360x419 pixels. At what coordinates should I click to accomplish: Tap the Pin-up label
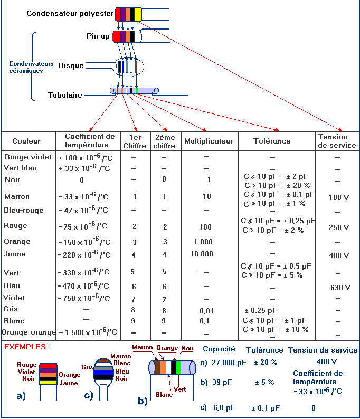(98, 36)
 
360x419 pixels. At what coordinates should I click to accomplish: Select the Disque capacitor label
(71, 65)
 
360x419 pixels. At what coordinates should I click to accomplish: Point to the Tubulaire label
(65, 96)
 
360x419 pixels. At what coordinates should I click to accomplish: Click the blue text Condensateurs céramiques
(31, 67)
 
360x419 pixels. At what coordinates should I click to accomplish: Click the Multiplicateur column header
(209, 141)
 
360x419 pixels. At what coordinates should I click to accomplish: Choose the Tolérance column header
(272, 141)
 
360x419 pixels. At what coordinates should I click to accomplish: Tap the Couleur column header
(26, 141)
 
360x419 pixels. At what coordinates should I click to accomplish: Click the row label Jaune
(15, 254)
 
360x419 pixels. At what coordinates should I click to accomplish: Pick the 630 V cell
(340, 288)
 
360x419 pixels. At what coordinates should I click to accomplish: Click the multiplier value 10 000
(202, 254)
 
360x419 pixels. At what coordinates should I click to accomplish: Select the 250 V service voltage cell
(339, 227)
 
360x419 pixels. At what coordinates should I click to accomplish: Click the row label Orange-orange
(29, 332)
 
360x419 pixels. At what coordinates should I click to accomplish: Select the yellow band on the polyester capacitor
(138, 14)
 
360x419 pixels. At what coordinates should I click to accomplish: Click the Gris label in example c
(87, 367)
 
